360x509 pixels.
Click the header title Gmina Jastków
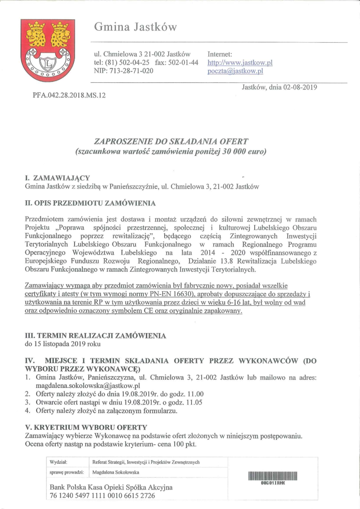pyautogui.click(x=135, y=27)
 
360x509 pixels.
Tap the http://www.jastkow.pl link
pyautogui.click(x=240, y=63)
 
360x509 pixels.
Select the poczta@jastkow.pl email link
pyautogui.click(x=235, y=71)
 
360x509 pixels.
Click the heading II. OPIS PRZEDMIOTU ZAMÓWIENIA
pyautogui.click(x=90, y=203)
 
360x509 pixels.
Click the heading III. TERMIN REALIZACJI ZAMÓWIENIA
pyautogui.click(x=95, y=336)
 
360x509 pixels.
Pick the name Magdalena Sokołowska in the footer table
pyautogui.click(x=116, y=472)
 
